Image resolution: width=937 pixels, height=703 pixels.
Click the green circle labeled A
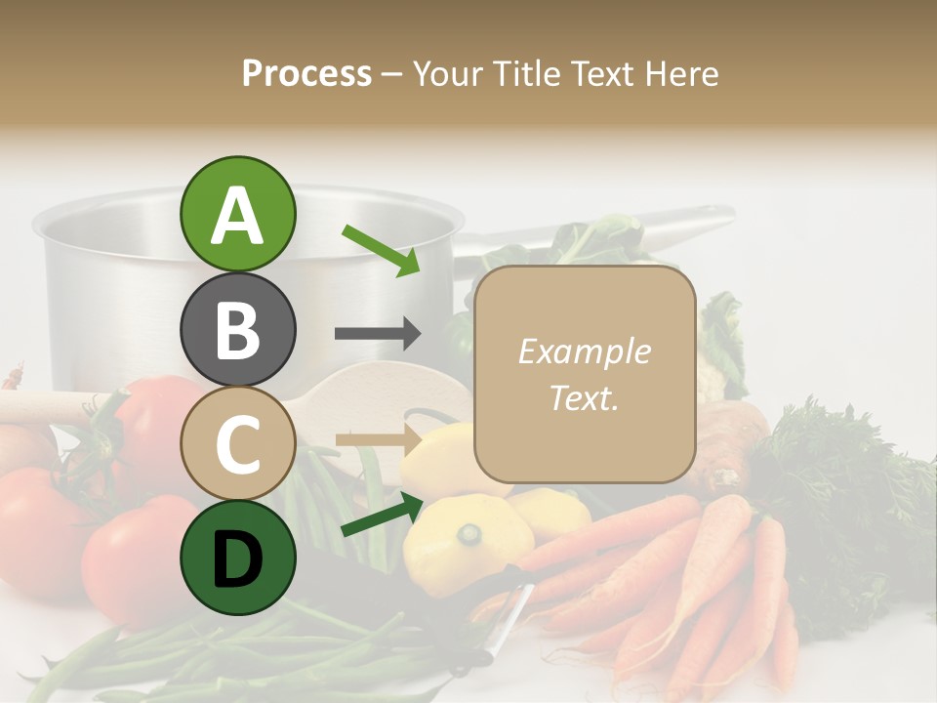(x=237, y=214)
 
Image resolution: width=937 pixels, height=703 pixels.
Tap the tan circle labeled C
(x=237, y=443)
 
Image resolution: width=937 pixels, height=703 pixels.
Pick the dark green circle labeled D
(x=237, y=558)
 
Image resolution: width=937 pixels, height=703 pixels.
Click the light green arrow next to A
(x=381, y=250)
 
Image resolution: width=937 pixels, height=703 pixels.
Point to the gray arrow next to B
(x=378, y=334)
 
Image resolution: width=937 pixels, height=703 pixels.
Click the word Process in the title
(x=306, y=73)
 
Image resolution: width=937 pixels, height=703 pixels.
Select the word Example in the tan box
(x=585, y=351)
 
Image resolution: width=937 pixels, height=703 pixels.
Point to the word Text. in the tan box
(x=585, y=397)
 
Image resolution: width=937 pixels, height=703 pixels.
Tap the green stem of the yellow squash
(x=471, y=533)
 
